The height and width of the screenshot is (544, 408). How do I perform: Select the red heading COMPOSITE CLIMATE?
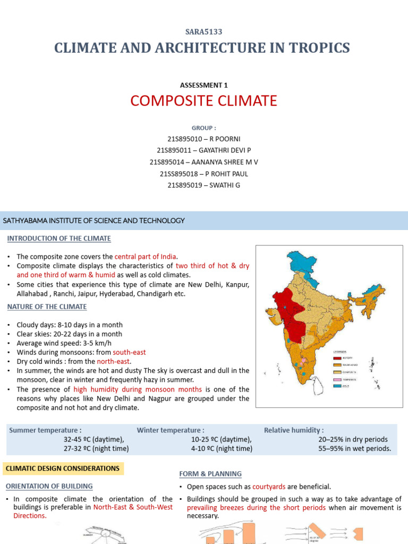tap(204, 100)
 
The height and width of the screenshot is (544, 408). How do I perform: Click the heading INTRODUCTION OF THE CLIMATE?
tap(59, 239)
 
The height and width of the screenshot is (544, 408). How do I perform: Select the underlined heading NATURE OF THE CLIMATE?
tap(47, 307)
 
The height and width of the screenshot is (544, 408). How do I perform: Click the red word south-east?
tap(129, 352)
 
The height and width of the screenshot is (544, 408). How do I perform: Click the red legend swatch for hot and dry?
tap(337, 358)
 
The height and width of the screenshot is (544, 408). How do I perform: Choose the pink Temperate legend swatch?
tap(337, 379)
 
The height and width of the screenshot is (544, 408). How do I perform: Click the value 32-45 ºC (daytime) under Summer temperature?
tap(93, 439)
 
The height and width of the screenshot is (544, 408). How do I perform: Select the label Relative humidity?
tap(294, 430)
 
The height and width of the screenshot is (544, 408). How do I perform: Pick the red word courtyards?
tap(270, 487)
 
